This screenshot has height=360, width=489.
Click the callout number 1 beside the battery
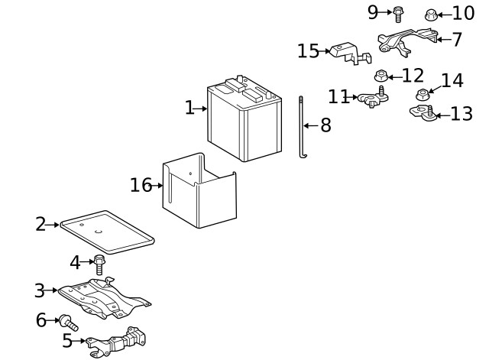click(189, 108)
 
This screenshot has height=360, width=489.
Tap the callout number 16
click(141, 185)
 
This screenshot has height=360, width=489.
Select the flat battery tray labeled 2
click(107, 232)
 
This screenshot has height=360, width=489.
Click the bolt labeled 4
click(99, 264)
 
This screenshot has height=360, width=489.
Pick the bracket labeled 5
click(116, 342)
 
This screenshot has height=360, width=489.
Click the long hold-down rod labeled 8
click(301, 128)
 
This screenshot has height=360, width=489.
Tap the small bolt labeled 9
click(397, 15)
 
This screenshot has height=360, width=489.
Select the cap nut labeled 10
click(431, 15)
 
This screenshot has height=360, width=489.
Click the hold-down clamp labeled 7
click(407, 42)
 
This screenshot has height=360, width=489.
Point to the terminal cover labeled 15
click(351, 54)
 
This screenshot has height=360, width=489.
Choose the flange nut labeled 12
click(381, 76)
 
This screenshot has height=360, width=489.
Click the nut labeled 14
click(423, 95)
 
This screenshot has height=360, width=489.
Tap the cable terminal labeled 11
click(373, 98)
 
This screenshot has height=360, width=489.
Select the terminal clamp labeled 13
click(423, 113)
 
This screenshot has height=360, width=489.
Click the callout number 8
click(325, 125)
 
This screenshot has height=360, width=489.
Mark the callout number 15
click(309, 51)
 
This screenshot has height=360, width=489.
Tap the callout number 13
click(461, 114)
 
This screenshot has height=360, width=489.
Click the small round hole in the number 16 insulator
click(191, 174)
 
